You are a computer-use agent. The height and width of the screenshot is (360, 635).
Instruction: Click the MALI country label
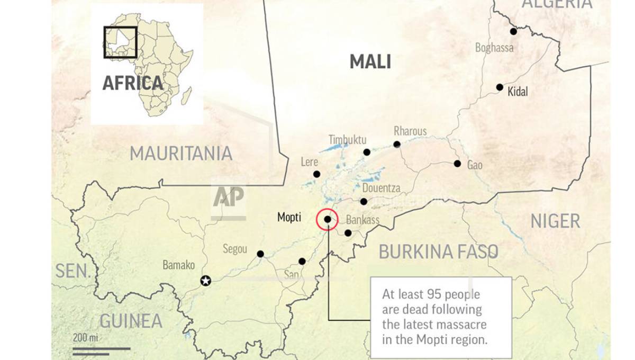(370, 62)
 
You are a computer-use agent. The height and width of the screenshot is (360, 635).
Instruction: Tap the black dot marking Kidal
(500, 87)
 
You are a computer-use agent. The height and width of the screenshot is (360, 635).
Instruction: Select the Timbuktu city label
(347, 140)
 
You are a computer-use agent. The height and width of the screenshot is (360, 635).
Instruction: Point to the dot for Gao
(457, 164)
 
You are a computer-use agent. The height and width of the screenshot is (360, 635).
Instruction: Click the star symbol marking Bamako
(206, 281)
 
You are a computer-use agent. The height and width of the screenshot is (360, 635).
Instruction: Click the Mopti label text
(289, 217)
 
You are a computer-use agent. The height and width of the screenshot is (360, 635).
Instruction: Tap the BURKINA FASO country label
(438, 252)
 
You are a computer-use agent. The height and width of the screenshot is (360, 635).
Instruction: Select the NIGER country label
(555, 221)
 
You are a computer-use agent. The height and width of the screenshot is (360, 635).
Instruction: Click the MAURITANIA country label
(181, 154)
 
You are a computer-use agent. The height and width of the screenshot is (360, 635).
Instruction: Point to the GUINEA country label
(131, 321)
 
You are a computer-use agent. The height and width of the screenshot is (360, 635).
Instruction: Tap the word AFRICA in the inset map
(132, 83)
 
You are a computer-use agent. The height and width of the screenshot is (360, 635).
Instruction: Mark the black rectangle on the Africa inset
(120, 42)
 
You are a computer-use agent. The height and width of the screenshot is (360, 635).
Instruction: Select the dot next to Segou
(260, 254)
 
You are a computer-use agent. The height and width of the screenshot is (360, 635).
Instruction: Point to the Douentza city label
(381, 188)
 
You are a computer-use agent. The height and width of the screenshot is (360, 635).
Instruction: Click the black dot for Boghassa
(513, 32)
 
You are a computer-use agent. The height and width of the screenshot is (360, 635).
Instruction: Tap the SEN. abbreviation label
(72, 271)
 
